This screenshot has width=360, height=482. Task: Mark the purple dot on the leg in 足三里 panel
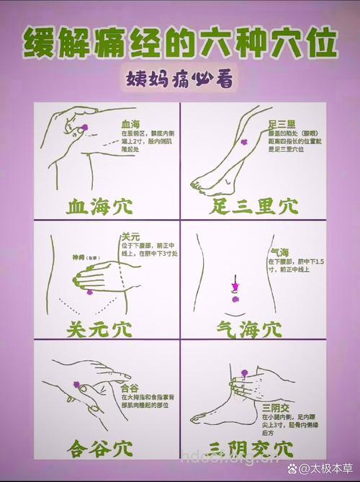pyautogui.click(x=242, y=141)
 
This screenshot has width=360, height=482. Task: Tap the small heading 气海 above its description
pyautogui.click(x=279, y=251)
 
